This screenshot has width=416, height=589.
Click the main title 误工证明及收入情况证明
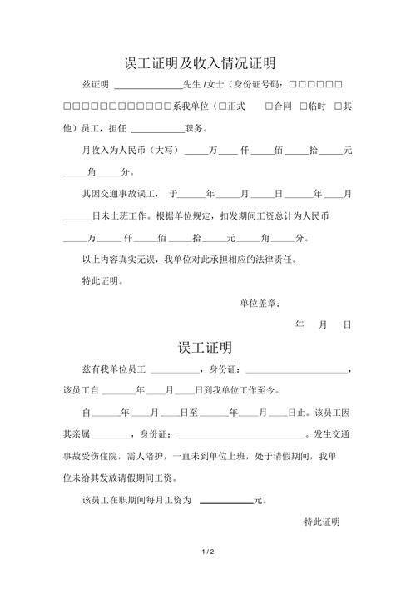(x=200, y=62)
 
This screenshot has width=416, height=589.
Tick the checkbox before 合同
(x=269, y=106)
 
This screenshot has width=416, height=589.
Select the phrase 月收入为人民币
(x=111, y=151)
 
